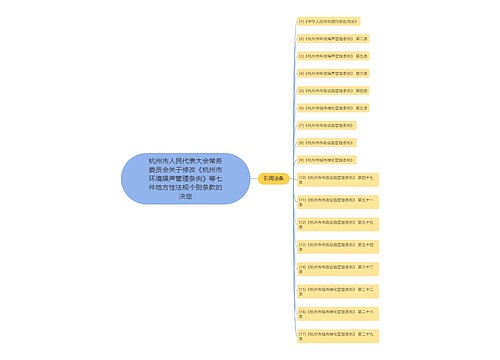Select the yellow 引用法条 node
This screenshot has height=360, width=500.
point(273,177)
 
